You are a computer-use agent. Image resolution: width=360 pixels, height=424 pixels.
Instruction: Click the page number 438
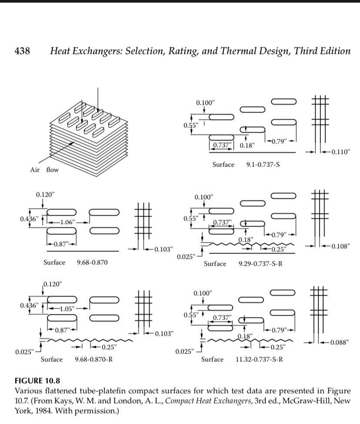tap(22, 51)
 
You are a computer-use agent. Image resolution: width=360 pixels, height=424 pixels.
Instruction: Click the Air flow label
tap(44, 170)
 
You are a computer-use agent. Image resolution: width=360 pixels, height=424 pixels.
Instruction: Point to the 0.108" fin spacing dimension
tap(340, 246)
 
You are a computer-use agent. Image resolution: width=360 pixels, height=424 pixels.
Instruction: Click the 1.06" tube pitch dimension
tap(67, 222)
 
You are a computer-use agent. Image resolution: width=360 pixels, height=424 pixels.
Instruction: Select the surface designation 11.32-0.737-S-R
tap(260, 360)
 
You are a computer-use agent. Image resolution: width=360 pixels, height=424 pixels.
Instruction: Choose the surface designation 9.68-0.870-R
tap(94, 360)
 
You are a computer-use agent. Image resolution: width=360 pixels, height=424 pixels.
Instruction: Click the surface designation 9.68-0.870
tap(92, 263)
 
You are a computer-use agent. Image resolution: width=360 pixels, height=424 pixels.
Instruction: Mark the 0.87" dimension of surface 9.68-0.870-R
tap(62, 330)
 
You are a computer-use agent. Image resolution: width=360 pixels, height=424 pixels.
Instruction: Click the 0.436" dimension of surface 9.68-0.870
tap(28, 218)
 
